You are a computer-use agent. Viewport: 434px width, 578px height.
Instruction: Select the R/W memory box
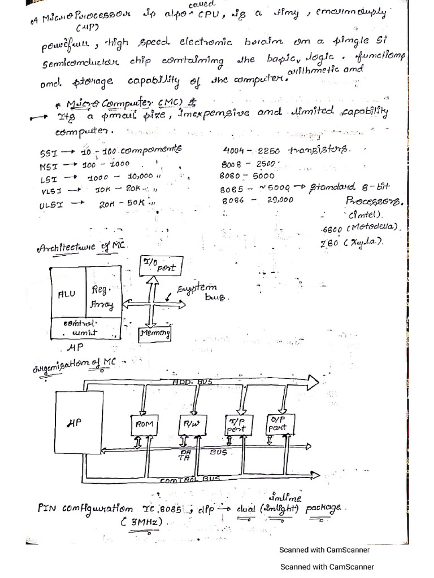189,423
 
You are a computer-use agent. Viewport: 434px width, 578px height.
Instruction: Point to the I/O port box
158,266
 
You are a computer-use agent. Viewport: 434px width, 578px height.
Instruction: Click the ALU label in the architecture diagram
67,294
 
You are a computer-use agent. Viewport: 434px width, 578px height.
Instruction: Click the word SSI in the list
49,154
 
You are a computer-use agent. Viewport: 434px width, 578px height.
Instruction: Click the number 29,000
279,200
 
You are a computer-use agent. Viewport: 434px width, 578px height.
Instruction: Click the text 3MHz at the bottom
142,522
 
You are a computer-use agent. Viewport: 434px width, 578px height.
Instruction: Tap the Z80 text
330,242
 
